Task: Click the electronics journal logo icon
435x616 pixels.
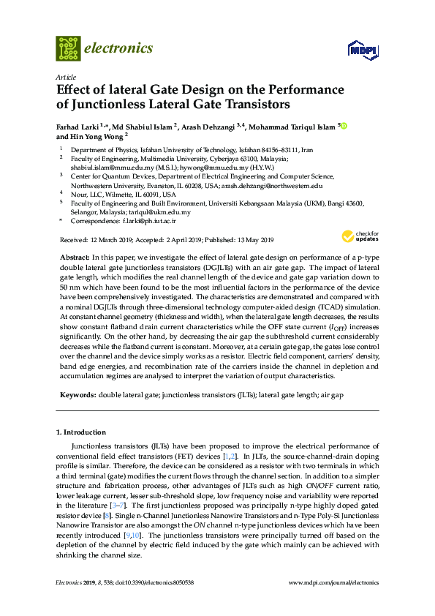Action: (x=68, y=48)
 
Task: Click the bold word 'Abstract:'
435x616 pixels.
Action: (x=74, y=258)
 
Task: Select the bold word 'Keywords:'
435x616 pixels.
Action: (x=77, y=394)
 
